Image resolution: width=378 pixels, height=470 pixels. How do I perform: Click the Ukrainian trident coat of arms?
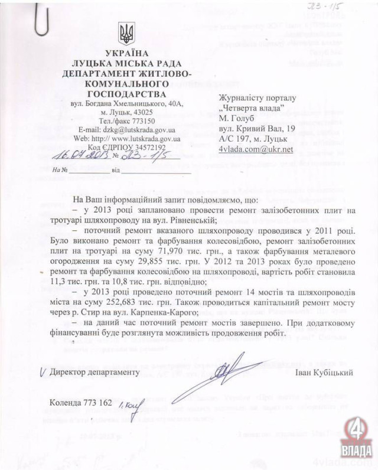click(127, 33)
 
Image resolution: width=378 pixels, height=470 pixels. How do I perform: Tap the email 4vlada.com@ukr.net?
click(256, 149)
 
